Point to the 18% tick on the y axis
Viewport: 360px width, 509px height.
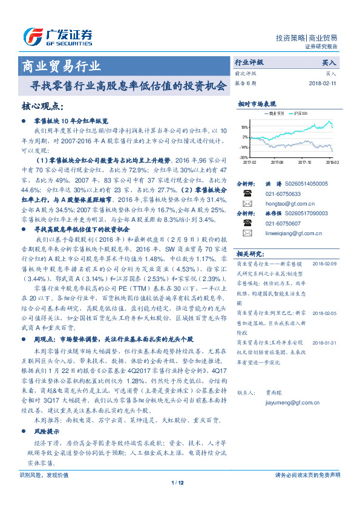coord(244,128)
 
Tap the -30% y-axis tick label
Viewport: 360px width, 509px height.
coord(244,157)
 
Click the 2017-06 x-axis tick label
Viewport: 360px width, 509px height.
coord(278,162)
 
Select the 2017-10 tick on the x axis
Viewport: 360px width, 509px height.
coord(306,162)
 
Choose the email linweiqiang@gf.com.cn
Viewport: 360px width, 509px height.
coord(289,233)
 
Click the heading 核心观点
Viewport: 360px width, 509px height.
coord(42,106)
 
